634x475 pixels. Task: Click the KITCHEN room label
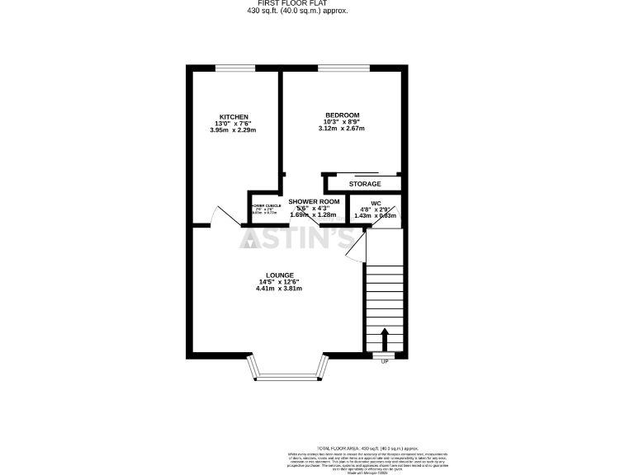click(234, 116)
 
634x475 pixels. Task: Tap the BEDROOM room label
click(342, 115)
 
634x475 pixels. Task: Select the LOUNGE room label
click(280, 275)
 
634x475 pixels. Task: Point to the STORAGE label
click(364, 184)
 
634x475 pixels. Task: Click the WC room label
click(376, 202)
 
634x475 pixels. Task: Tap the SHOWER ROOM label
click(314, 201)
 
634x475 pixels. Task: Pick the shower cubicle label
click(266, 206)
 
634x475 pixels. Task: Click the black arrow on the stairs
click(383, 338)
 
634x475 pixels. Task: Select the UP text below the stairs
click(384, 361)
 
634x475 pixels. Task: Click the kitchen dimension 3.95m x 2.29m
click(234, 130)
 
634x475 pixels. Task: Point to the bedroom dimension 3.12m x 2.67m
click(342, 129)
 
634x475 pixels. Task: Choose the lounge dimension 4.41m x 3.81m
click(280, 289)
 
